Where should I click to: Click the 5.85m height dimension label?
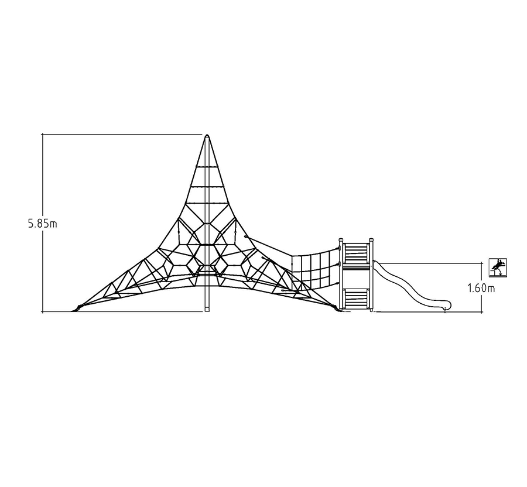(x=42, y=224)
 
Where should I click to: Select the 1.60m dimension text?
(x=481, y=288)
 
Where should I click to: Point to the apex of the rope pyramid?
(x=207, y=135)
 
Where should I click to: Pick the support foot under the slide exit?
(x=446, y=311)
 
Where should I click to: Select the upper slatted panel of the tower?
(x=356, y=253)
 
